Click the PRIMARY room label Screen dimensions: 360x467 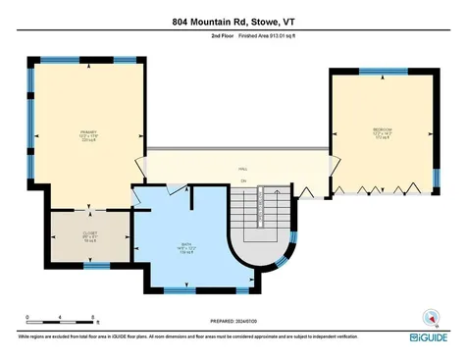pos(89,133)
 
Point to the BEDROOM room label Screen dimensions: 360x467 pos(382,132)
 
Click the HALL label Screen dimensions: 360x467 pos(242,169)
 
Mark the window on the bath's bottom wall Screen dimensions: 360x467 pos(178,291)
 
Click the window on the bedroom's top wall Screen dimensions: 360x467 pos(384,72)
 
